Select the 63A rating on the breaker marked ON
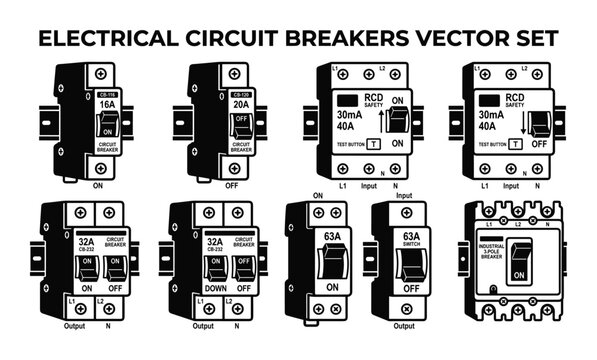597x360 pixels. (319, 237)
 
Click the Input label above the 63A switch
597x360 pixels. (404, 197)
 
